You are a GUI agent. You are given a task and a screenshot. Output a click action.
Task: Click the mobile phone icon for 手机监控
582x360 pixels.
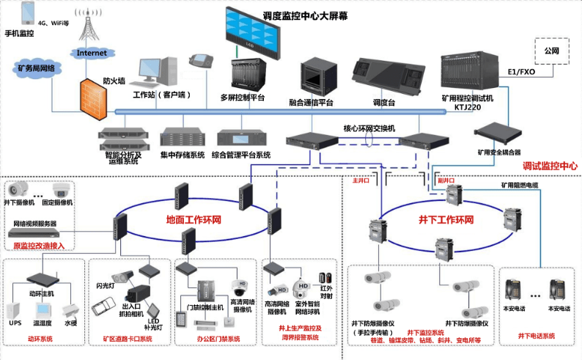pyautogui.click(x=28, y=14)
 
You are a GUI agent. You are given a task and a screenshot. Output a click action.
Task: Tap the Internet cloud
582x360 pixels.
pyautogui.click(x=92, y=52)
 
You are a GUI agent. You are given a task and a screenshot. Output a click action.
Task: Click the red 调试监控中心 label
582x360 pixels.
pyautogui.click(x=550, y=166)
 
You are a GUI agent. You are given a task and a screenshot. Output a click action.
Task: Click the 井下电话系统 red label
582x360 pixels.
pyautogui.click(x=537, y=336)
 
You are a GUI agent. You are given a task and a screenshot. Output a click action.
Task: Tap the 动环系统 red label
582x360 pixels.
pyautogui.click(x=41, y=339)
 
